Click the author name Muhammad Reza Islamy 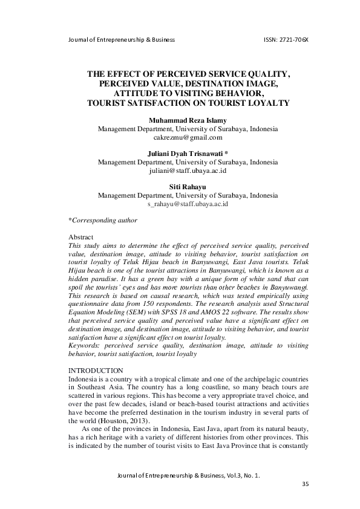(x=188, y=120)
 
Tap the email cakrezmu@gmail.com (x=188, y=137)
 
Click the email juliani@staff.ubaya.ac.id (x=188, y=171)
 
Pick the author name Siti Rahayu (x=188, y=188)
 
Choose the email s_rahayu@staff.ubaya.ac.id (x=188, y=205)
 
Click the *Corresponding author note (x=103, y=221)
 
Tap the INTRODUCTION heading (x=96, y=370)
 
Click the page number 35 (x=304, y=485)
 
